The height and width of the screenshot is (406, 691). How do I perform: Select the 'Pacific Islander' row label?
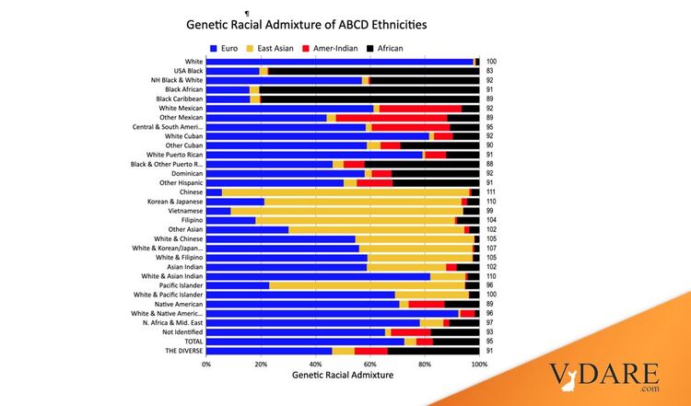(x=182, y=285)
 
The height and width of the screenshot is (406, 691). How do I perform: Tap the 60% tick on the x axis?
(x=370, y=364)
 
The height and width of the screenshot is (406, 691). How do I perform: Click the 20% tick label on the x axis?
(x=261, y=364)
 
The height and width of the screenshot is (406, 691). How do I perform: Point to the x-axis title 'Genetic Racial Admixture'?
(x=343, y=376)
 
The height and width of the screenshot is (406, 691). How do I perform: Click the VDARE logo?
(x=604, y=378)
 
